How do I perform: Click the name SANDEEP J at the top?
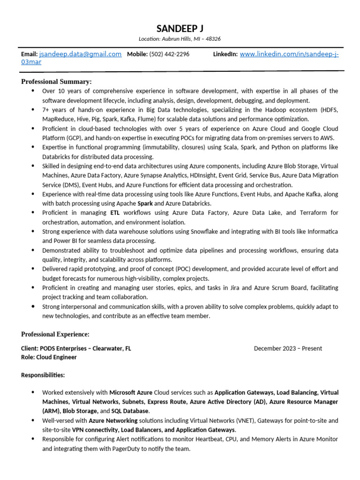(x=180, y=29)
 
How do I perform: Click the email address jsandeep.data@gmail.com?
(x=80, y=54)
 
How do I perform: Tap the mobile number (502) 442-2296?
(x=169, y=54)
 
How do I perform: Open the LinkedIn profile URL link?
(x=289, y=54)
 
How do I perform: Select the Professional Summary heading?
(x=56, y=82)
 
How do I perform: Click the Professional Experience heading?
(x=55, y=334)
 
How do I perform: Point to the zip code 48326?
(x=212, y=39)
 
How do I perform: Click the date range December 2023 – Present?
(x=288, y=348)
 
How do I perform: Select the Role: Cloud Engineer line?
(x=49, y=357)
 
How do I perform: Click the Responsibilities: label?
(x=43, y=375)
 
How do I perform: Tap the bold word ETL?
(x=115, y=213)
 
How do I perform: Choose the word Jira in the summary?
(x=235, y=288)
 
